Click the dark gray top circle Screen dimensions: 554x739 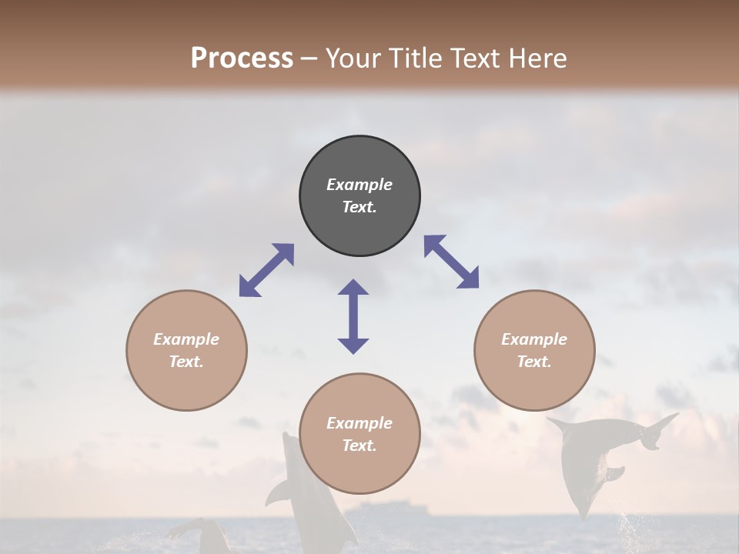click(359, 195)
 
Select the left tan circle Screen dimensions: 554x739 click(186, 350)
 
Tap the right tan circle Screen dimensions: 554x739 click(534, 350)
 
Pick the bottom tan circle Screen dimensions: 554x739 click(359, 434)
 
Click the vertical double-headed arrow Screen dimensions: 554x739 click(353, 316)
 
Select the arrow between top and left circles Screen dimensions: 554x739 click(266, 270)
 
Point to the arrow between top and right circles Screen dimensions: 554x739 click(452, 262)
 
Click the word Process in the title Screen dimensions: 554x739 click(242, 58)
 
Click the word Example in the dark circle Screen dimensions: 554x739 click(359, 185)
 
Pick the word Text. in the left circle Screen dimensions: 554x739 click(186, 362)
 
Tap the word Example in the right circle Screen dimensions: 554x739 click(534, 339)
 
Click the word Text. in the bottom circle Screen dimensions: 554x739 click(359, 446)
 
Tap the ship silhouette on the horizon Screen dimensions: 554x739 click(385, 509)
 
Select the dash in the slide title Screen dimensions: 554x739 click(309, 58)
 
